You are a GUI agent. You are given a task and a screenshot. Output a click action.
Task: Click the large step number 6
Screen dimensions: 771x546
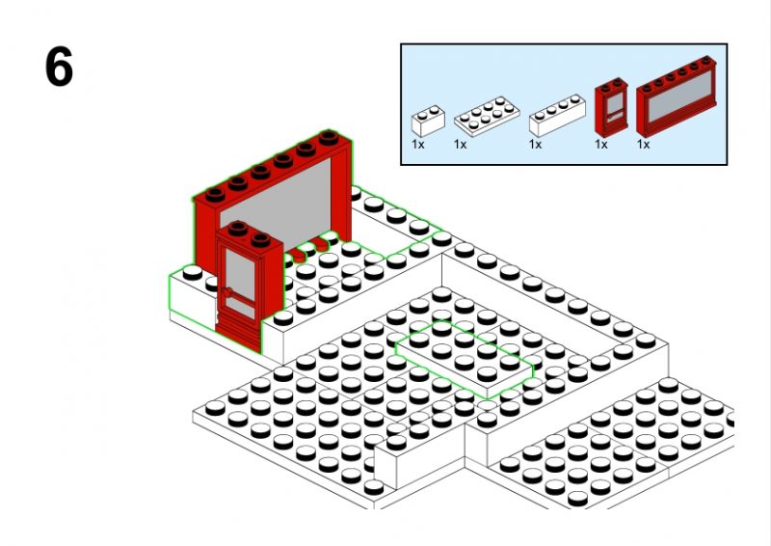click(59, 67)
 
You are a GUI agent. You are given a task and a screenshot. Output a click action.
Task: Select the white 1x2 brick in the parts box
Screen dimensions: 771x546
click(428, 122)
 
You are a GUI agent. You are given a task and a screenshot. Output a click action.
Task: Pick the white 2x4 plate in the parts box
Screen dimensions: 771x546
click(487, 116)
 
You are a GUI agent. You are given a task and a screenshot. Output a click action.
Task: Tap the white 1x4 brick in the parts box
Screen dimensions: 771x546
click(557, 116)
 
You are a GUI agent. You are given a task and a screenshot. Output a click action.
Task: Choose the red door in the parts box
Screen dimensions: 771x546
click(611, 107)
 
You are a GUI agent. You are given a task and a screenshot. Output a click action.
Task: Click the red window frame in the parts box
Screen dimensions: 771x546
click(677, 96)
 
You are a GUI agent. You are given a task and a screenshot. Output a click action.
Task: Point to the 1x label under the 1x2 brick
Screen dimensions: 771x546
click(418, 145)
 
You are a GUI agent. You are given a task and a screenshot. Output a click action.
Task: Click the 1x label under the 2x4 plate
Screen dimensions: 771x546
click(461, 145)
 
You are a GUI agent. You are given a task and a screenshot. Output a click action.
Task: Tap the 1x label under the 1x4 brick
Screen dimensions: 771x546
click(536, 145)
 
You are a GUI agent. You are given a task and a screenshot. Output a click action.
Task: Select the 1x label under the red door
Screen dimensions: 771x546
click(600, 145)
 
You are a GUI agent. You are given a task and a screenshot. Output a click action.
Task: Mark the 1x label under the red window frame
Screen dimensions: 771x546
click(643, 145)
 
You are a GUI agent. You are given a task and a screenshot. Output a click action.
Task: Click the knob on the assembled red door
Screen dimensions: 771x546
click(226, 292)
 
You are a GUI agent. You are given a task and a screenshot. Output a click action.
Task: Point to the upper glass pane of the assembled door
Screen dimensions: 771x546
click(240, 274)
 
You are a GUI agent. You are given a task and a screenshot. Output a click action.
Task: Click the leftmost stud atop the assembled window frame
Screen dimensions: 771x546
click(215, 195)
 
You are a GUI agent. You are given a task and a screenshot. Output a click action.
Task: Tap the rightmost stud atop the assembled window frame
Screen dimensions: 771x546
click(329, 137)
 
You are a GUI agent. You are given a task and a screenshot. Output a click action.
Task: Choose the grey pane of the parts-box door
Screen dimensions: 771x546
click(615, 104)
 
